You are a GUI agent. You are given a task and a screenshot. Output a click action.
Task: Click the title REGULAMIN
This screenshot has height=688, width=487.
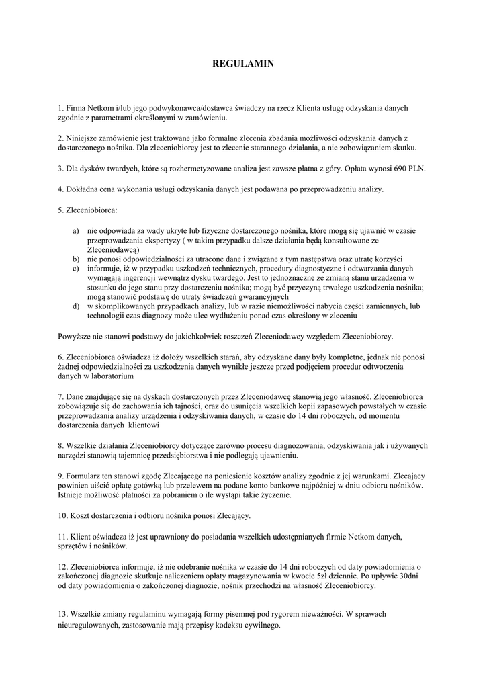(x=243, y=64)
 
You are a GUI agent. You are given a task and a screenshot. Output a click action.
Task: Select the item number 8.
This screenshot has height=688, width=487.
(x=60, y=445)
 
